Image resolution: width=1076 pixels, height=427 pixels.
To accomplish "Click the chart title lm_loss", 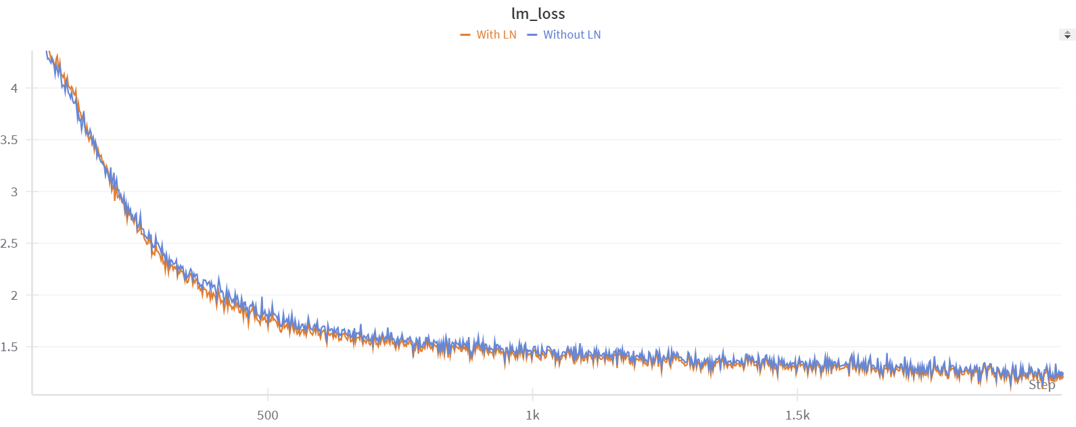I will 538,14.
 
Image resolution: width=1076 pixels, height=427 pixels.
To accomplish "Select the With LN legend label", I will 496,35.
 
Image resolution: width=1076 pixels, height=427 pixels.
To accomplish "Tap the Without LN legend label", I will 571,35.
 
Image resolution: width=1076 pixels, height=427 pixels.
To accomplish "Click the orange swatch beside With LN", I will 465,35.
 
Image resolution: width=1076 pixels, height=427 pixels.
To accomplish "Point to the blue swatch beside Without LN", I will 532,35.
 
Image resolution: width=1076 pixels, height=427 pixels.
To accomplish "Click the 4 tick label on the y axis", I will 14,88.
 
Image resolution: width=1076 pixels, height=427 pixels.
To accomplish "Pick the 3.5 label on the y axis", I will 9,140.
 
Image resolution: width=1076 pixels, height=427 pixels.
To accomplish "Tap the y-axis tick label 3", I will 14,192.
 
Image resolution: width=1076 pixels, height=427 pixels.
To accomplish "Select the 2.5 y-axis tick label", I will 9,244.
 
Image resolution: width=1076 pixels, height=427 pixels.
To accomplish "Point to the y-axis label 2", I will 14,295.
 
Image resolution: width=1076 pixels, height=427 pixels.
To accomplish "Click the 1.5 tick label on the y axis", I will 9,347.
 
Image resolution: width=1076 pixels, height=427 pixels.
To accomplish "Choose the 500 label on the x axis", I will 268,415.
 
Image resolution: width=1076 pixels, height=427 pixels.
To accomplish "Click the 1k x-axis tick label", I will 533,415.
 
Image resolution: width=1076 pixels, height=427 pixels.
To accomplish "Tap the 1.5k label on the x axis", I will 797,415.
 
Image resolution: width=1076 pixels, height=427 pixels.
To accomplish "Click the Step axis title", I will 1042,384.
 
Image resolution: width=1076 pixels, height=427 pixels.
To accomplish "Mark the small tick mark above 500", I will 268,393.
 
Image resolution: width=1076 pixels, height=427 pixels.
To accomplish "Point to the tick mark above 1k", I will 533,393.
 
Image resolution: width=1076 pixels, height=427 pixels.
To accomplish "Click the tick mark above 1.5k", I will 797,393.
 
